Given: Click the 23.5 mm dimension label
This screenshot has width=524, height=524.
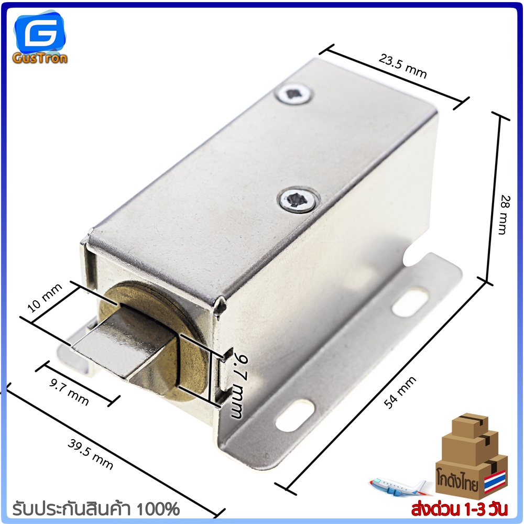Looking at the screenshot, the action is [403, 67].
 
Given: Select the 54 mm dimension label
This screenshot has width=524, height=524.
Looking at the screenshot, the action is [400, 392].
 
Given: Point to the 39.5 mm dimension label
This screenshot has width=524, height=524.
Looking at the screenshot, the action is [91, 454].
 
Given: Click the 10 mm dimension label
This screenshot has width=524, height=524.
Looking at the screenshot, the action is [45, 298].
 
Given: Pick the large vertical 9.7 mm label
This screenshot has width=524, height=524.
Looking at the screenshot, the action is [241, 387].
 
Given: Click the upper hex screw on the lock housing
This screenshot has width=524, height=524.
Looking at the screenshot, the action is [294, 94].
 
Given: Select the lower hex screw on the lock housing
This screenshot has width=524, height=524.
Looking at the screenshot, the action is [298, 200].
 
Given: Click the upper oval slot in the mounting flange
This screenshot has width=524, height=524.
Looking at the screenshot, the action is [410, 303].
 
